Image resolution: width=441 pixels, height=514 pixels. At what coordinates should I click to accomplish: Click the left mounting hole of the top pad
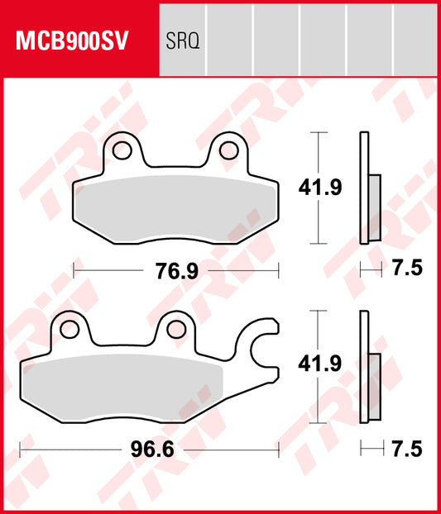[122, 150]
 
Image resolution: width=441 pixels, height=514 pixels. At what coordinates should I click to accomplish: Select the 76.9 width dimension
[176, 270]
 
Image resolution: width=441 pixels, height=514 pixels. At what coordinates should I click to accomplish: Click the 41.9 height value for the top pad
[319, 189]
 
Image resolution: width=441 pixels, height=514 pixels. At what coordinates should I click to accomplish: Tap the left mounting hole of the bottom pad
[69, 329]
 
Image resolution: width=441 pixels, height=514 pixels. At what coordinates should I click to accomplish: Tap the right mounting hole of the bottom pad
[175, 328]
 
